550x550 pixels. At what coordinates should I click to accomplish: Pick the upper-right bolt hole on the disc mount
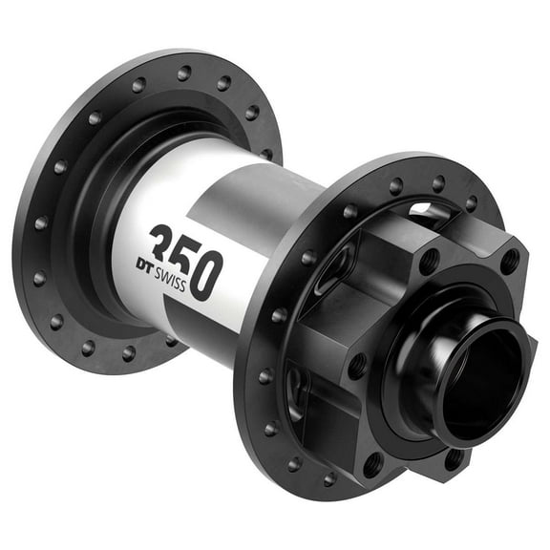coord(509,258)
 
